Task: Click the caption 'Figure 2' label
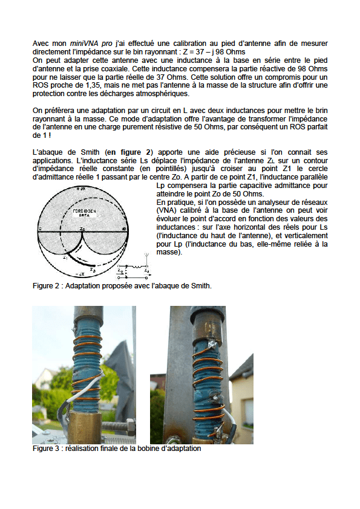click(x=47, y=286)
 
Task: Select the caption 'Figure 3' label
click(x=47, y=449)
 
